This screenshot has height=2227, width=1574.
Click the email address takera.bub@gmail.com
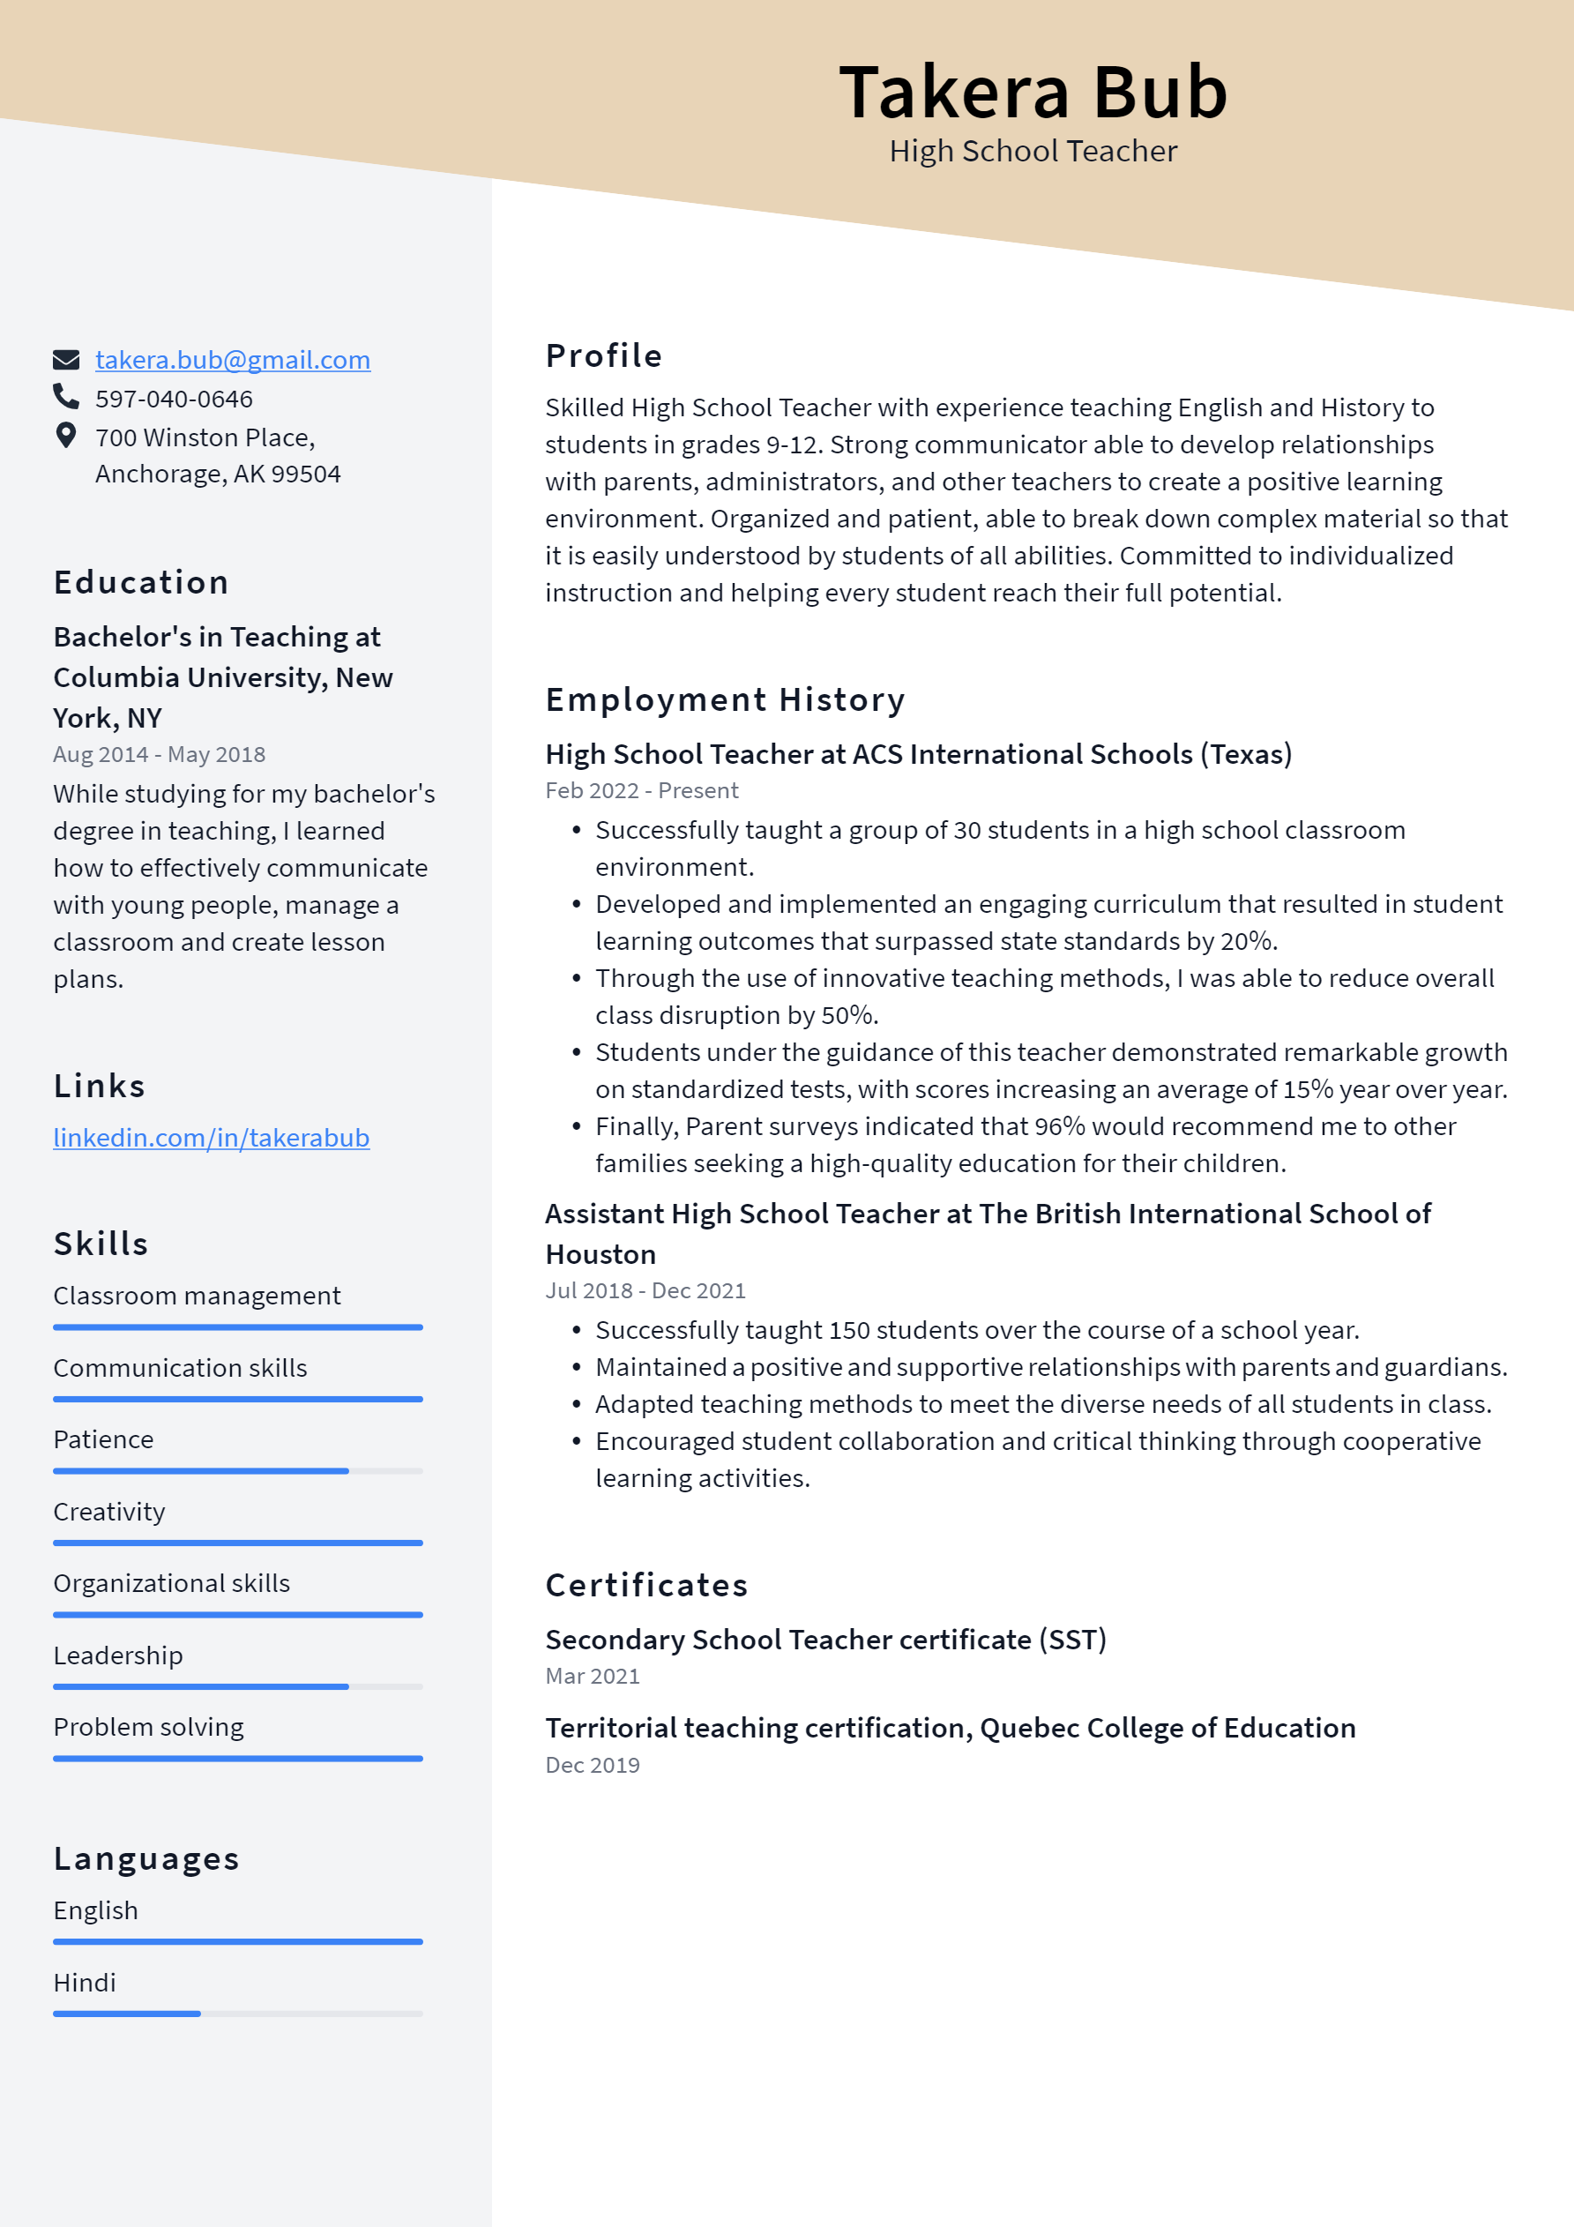tap(232, 360)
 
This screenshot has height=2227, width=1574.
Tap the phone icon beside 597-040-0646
tap(65, 397)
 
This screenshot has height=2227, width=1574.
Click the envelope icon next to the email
tap(65, 360)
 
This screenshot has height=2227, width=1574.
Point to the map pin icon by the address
tap(65, 436)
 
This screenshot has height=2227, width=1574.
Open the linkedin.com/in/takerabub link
tap(211, 1137)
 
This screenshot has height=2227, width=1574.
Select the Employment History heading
tap(725, 699)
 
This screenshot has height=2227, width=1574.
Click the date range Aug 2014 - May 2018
tap(159, 755)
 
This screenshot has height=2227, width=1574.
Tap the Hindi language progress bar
tap(237, 2014)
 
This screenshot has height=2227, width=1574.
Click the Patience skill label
tap(103, 1439)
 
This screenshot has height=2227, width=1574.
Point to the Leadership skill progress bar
tap(237, 1686)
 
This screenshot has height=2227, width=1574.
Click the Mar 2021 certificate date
tap(592, 1676)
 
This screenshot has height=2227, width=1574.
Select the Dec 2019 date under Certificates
tap(592, 1766)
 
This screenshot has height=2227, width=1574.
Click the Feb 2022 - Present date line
tap(641, 790)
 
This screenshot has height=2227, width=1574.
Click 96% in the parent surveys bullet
tap(1059, 1126)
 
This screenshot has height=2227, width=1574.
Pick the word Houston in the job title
tap(601, 1254)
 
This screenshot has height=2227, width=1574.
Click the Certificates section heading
tap(645, 1585)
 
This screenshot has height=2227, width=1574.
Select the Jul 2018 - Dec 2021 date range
tap(645, 1291)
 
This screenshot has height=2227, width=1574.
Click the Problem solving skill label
tap(148, 1728)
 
